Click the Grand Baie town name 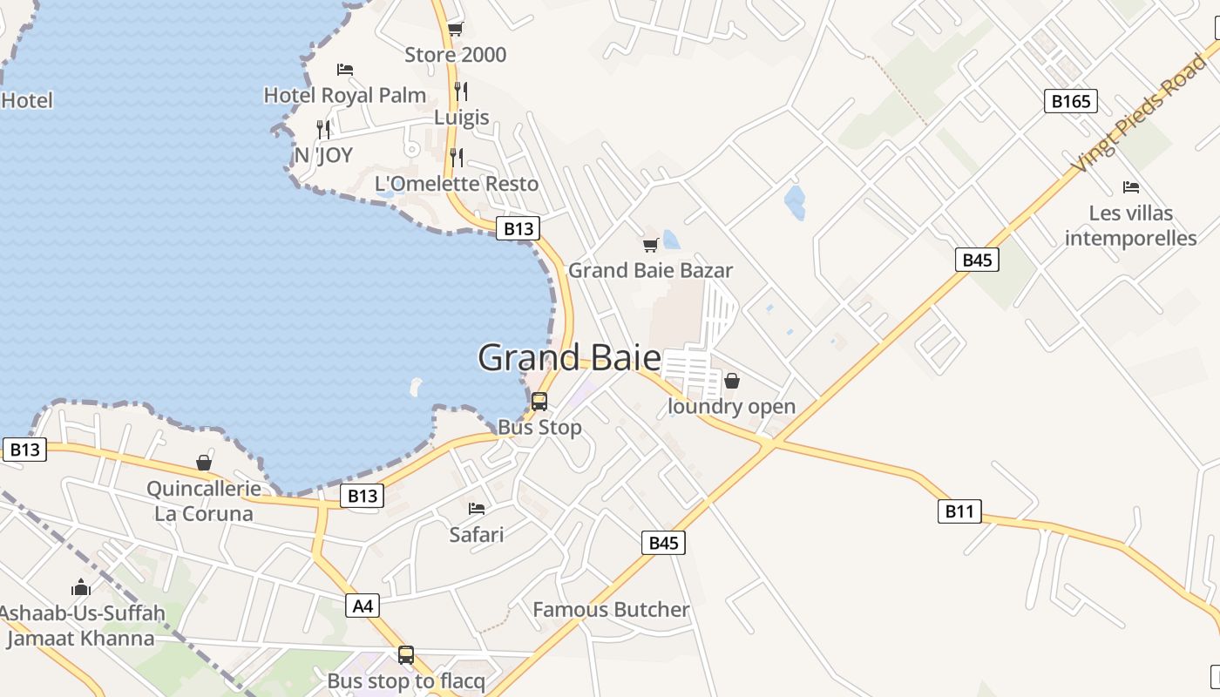(569, 358)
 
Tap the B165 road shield (1070, 101)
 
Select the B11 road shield (959, 511)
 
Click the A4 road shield (363, 606)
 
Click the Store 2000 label (455, 55)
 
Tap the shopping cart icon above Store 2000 (455, 29)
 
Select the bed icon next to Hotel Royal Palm (345, 69)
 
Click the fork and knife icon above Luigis (461, 91)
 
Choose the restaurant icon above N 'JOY (323, 130)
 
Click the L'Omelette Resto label (457, 184)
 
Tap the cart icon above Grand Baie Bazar (650, 245)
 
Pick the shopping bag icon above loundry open (732, 381)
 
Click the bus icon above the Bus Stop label (539, 402)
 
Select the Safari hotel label (477, 534)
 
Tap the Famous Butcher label (611, 610)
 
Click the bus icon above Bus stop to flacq (406, 655)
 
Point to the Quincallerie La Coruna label (204, 501)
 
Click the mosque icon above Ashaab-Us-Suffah (81, 588)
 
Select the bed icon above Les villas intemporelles (1131, 187)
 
